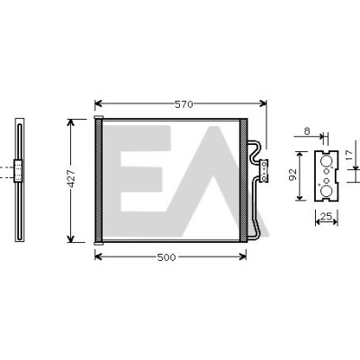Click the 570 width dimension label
point(184,104)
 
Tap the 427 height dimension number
point(71,178)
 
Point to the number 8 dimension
point(307,131)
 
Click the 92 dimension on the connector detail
point(292,175)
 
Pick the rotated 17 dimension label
point(349,155)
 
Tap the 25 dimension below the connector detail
point(327,216)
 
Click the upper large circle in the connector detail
point(326,161)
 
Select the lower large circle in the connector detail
point(326,191)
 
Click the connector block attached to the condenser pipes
point(264,170)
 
